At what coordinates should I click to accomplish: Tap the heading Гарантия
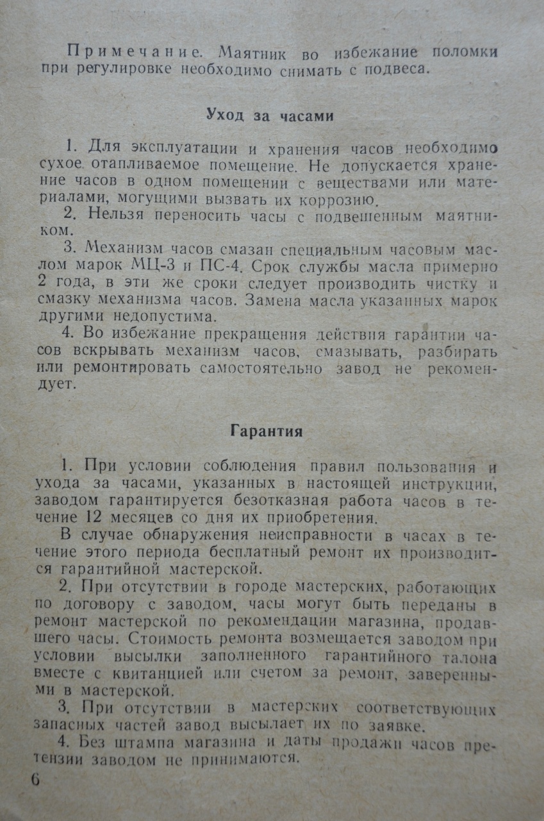click(267, 431)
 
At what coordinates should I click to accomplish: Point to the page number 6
click(35, 780)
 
